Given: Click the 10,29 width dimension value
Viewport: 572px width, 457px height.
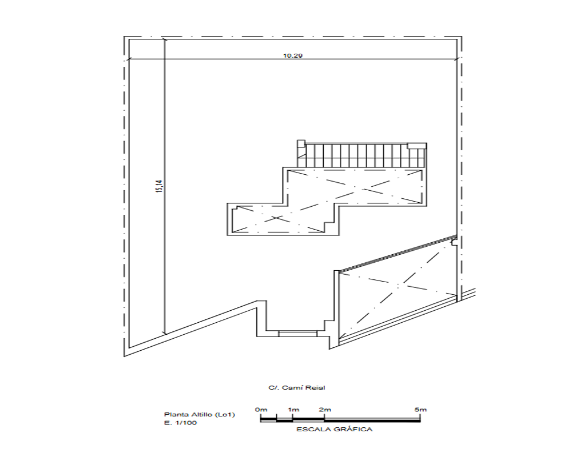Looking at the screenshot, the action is tap(293, 56).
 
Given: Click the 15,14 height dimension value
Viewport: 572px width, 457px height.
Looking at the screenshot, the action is tap(160, 186).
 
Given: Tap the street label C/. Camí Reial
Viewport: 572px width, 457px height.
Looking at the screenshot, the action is tap(296, 387).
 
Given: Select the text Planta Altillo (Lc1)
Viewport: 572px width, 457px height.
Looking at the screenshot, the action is tap(200, 414).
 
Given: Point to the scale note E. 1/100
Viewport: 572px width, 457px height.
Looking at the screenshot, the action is tap(180, 423).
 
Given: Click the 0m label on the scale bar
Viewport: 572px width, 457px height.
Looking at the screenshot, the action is tap(261, 409).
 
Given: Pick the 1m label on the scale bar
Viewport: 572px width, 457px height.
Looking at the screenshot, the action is tap(293, 409).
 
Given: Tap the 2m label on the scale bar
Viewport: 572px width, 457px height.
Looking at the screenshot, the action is tap(325, 409).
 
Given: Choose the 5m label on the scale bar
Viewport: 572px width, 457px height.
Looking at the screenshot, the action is tap(420, 409).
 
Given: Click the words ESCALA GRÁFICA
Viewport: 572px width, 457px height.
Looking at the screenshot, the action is tap(334, 430).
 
